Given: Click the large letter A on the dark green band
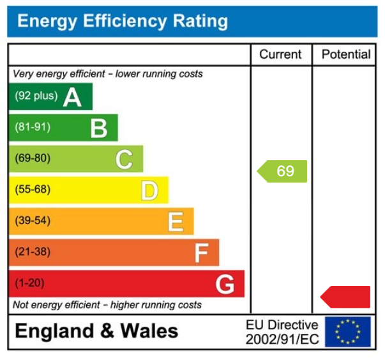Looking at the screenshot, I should click(x=72, y=97).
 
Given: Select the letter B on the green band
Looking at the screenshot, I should click(x=98, y=128).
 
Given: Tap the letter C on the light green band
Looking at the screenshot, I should click(x=124, y=159).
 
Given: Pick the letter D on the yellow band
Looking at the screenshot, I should click(x=149, y=190).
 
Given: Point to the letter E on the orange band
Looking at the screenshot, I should click(x=176, y=221).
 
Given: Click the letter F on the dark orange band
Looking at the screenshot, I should click(x=201, y=253).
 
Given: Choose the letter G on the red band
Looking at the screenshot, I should click(x=225, y=284).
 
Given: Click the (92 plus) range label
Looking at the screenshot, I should click(x=36, y=96).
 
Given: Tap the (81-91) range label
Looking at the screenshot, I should click(x=33, y=128).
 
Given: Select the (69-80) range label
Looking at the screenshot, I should click(x=33, y=158).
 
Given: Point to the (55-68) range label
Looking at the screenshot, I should click(x=33, y=190).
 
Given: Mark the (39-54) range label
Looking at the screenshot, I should click(x=33, y=221).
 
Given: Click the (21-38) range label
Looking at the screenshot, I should click(x=33, y=252).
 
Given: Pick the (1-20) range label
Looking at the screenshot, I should click(x=29, y=283).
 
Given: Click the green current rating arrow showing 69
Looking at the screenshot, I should click(x=282, y=171).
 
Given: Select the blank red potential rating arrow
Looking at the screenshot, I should click(x=345, y=297).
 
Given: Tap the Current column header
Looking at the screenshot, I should click(x=281, y=55).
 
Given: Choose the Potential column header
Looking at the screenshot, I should click(x=345, y=55).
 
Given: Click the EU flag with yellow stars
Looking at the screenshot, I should click(x=347, y=332).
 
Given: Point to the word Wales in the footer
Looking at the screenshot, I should click(x=146, y=331).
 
